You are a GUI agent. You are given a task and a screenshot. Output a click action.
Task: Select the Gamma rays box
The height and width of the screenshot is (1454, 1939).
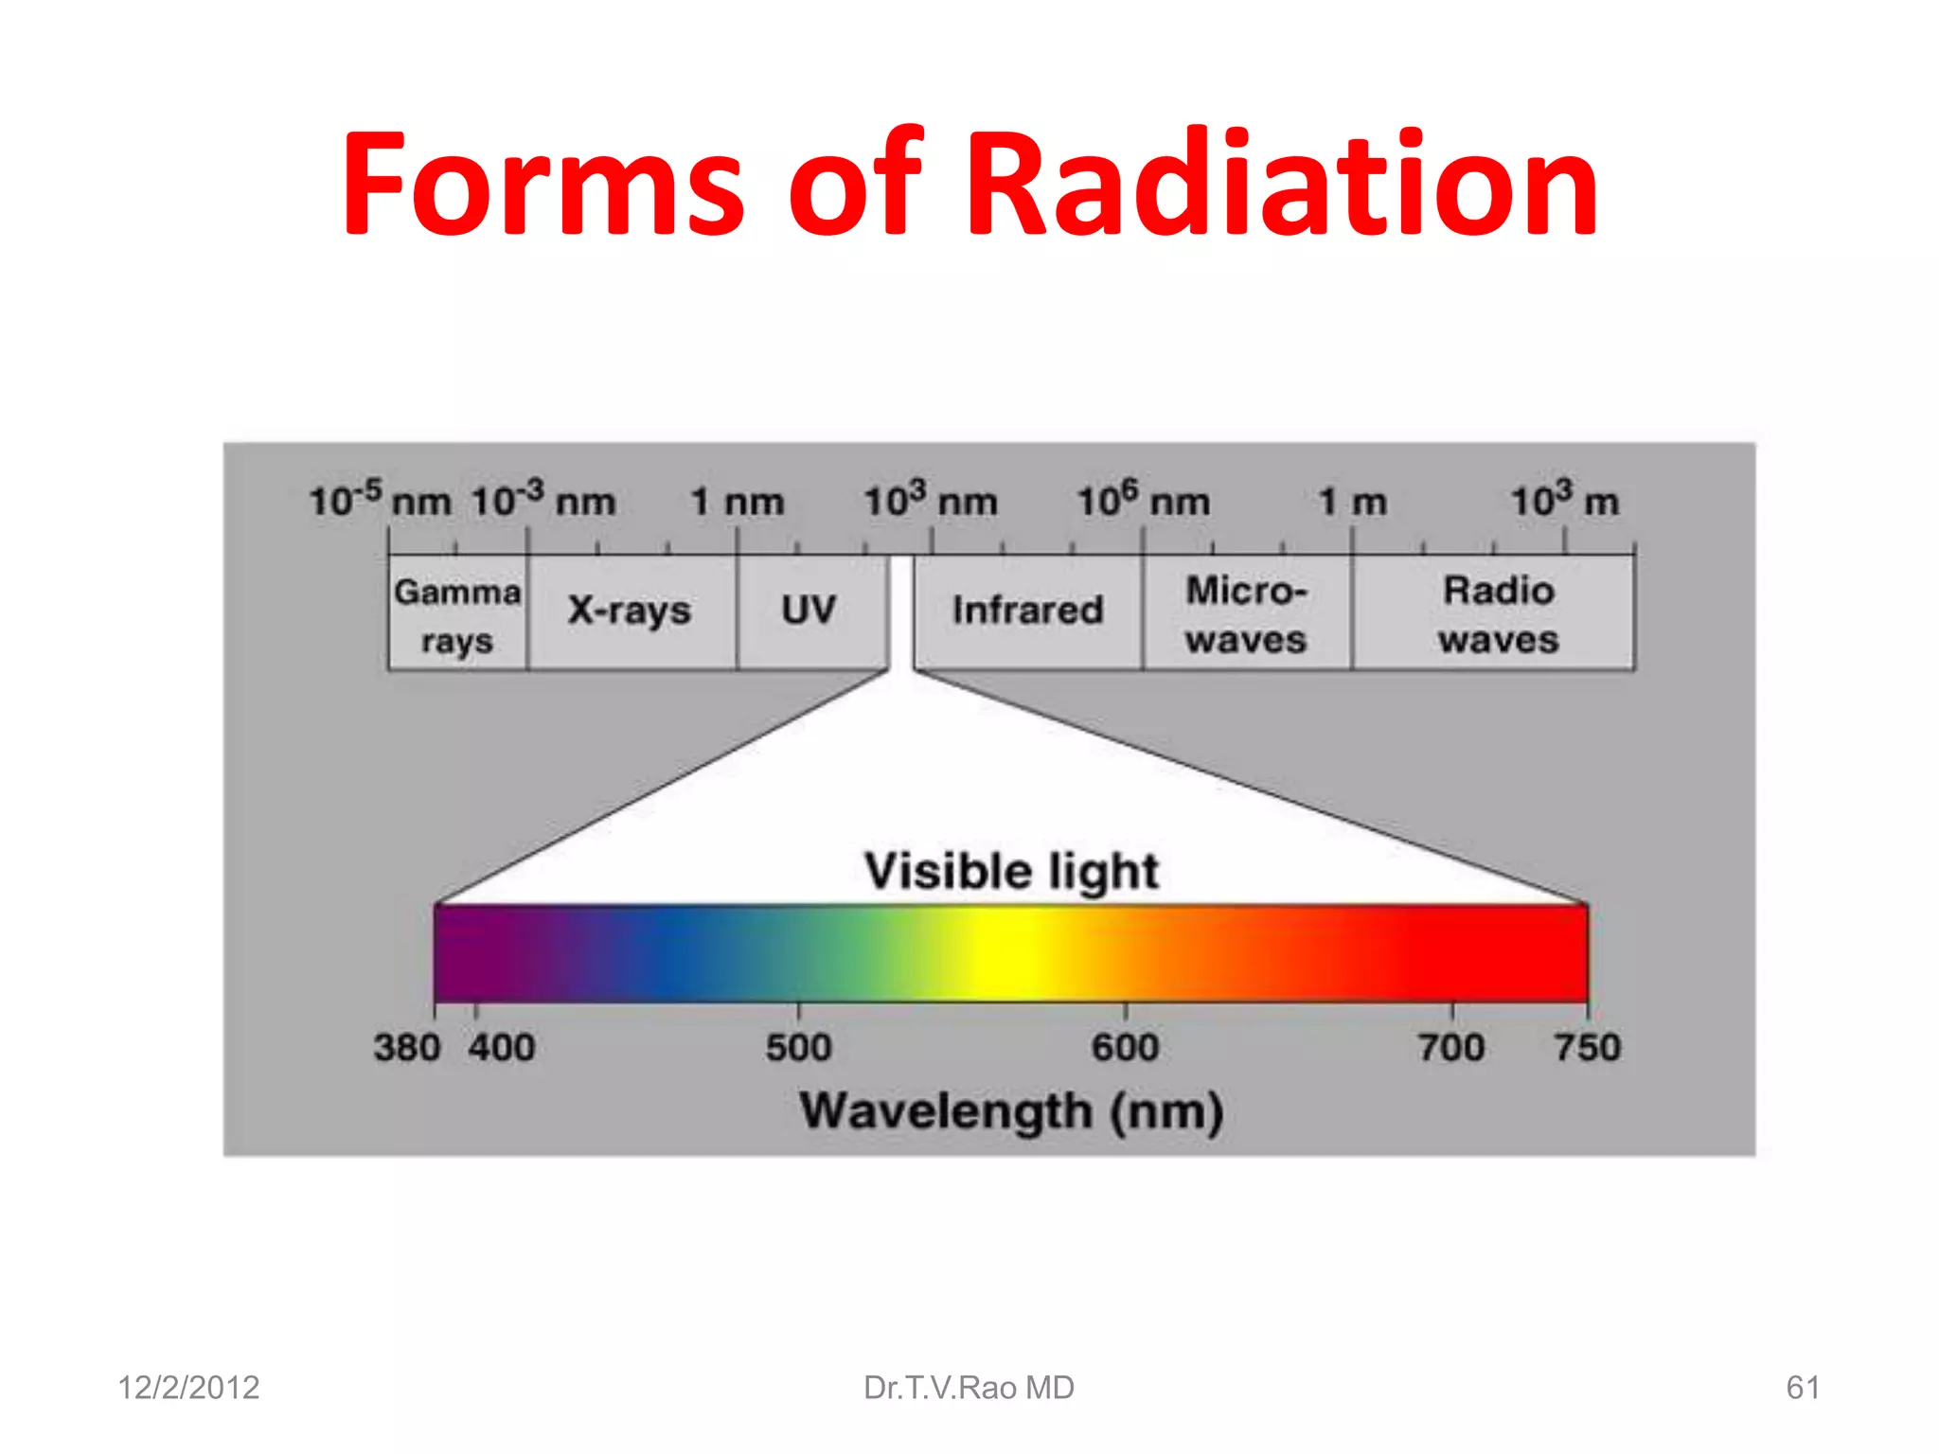457,613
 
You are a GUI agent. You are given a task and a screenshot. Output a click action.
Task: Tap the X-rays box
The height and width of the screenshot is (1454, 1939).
631,612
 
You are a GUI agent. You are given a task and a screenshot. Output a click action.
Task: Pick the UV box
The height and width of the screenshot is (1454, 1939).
809,611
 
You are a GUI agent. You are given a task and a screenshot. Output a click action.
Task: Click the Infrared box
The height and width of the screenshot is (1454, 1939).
1028,611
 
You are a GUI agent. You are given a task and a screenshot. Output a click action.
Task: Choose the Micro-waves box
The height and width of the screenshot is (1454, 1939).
1246,613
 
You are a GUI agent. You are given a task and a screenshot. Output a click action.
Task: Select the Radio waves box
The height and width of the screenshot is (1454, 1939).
1498,613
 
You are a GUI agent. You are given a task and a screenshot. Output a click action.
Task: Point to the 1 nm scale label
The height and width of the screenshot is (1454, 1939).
738,502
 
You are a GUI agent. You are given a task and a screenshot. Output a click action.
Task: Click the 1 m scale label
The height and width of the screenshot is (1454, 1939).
1353,502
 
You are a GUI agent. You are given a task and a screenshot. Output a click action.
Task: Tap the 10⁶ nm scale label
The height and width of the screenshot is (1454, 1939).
1144,500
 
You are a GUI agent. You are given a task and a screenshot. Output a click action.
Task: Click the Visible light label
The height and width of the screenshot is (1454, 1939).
1011,871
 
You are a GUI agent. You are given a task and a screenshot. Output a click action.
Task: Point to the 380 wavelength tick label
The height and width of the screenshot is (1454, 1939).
407,1048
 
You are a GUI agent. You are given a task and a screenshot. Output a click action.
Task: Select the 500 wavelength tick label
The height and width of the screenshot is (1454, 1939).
799,1048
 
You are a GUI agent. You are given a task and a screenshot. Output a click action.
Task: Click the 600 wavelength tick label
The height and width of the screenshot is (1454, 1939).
1125,1048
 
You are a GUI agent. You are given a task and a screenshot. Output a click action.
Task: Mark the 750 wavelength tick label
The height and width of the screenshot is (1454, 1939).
1588,1048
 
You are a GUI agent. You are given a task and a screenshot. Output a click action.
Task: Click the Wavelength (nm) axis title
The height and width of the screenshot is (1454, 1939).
1011,1111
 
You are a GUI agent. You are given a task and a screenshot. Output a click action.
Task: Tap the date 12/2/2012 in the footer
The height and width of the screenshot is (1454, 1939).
188,1388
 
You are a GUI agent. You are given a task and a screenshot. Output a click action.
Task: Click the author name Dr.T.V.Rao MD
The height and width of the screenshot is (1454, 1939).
969,1388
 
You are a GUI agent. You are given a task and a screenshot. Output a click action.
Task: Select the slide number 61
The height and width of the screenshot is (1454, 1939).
1803,1388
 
